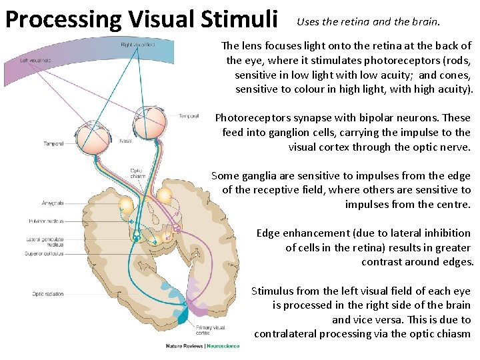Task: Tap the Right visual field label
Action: (x=138, y=45)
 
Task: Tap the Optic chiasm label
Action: (x=135, y=173)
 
